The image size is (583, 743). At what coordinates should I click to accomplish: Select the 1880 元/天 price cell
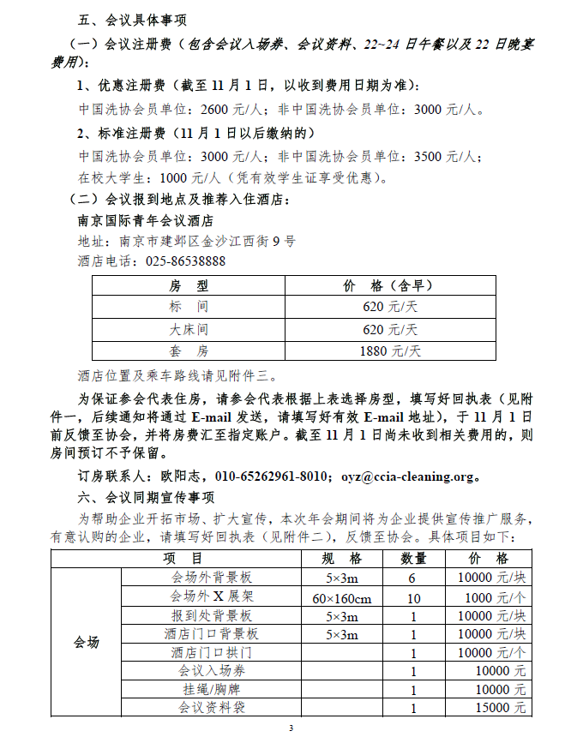click(x=391, y=351)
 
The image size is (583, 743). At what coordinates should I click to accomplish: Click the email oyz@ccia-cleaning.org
click(x=407, y=476)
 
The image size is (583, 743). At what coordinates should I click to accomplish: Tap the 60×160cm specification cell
click(x=342, y=597)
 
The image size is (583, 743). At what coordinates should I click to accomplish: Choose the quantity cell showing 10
click(x=414, y=597)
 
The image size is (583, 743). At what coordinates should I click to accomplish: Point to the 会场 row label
click(x=87, y=642)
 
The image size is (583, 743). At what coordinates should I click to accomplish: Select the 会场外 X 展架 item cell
click(x=212, y=597)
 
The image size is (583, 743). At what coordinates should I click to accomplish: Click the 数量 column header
click(x=414, y=559)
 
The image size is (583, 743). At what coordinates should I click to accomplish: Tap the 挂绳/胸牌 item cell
click(x=212, y=690)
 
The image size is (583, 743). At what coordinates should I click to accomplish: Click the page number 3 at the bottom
click(x=291, y=728)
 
